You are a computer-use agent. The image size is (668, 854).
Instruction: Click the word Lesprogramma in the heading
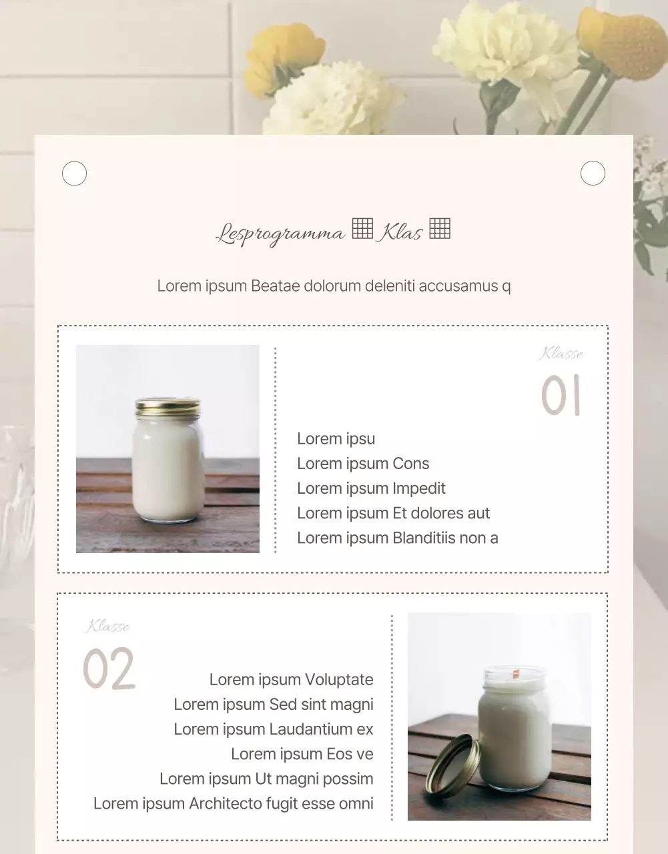point(280,234)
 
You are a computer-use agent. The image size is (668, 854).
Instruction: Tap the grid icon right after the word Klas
point(440,228)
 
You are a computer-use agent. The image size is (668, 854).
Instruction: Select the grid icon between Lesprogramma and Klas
point(362,228)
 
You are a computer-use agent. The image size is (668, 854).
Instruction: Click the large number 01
point(561,394)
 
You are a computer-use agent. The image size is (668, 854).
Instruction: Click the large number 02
point(109,668)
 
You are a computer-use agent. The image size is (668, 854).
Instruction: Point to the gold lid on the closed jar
point(168,408)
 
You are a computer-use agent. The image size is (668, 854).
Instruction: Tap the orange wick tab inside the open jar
point(516,674)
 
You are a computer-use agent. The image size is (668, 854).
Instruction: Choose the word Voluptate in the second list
point(339,679)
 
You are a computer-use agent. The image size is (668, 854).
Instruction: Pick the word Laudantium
point(311,729)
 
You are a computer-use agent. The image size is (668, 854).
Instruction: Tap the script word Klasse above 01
point(561,354)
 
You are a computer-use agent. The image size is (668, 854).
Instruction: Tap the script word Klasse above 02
point(107,626)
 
